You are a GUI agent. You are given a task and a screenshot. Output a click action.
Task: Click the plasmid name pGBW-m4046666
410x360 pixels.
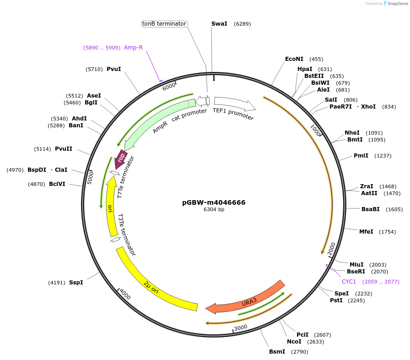pos(214,202)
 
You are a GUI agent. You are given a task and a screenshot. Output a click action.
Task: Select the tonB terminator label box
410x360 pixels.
pos(164,24)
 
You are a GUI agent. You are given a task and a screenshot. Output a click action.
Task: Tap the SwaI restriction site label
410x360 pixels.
pos(219,24)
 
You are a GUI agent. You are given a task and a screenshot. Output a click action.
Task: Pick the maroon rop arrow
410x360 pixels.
pos(121,158)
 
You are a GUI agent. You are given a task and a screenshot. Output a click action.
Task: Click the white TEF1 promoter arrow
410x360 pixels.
pos(233,104)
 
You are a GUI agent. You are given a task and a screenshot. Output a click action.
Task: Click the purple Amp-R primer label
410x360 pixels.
pos(133,48)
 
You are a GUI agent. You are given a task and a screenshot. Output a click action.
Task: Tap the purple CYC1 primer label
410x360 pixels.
pos(349,281)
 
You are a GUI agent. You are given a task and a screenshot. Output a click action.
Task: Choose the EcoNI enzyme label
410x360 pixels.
pos(294,59)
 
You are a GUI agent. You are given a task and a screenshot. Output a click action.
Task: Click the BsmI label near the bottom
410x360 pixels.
pos(277,352)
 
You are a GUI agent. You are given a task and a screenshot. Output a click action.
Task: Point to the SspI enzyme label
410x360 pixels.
pos(76,283)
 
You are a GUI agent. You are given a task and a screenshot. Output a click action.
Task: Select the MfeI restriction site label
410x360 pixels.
pos(366,232)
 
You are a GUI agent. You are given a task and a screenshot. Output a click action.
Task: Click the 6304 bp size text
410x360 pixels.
pos(214,210)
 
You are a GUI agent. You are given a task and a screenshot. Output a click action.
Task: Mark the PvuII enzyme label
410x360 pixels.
pos(64,149)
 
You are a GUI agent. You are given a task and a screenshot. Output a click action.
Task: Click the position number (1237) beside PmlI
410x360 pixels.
pos(383,156)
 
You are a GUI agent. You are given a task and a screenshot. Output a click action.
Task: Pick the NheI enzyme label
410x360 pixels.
pos(352,133)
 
